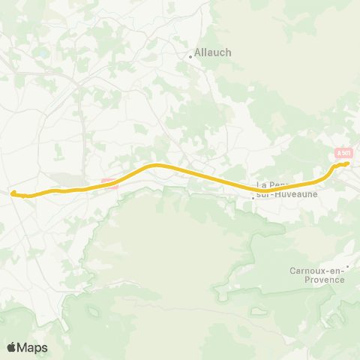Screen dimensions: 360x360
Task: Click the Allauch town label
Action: pos(213,52)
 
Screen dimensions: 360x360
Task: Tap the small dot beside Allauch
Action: pos(190,54)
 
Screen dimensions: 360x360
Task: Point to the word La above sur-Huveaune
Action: pos(262,184)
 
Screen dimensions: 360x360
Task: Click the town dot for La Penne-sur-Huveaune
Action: pos(253,199)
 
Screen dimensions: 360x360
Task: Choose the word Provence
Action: pos(319,280)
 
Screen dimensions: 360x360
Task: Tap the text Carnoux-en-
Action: pos(316,271)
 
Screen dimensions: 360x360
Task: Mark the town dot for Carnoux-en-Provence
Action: pos(348,265)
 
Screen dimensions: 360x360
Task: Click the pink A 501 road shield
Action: pos(343,153)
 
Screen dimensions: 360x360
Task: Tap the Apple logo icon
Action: pos(12,347)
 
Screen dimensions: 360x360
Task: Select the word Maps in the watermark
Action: pos(33,347)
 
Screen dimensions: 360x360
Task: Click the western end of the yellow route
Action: pos(12,193)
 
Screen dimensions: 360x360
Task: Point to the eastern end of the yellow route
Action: pos(348,163)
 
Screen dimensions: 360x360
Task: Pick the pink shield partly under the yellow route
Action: pos(109,182)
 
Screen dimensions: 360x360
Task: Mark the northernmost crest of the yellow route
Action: pos(156,164)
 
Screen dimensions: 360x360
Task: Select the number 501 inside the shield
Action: pos(346,153)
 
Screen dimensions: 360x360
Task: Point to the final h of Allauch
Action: pos(229,52)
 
